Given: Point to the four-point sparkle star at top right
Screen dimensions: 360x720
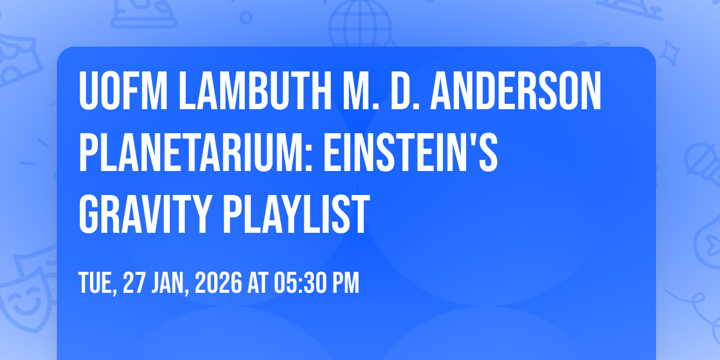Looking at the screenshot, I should point(670,53).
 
